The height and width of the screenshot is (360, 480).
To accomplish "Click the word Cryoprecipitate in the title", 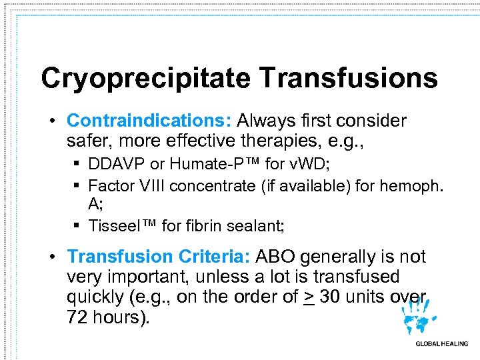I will pos(146,79).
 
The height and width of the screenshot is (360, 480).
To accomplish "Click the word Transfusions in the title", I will pos(349,79).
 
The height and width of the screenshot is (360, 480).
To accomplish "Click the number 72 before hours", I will pos(79,317).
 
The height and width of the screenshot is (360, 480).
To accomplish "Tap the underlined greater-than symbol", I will pos(308,297).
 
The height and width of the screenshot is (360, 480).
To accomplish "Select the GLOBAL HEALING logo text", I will pos(441,344).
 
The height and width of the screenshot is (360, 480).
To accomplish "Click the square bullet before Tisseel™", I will pos(78,226).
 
